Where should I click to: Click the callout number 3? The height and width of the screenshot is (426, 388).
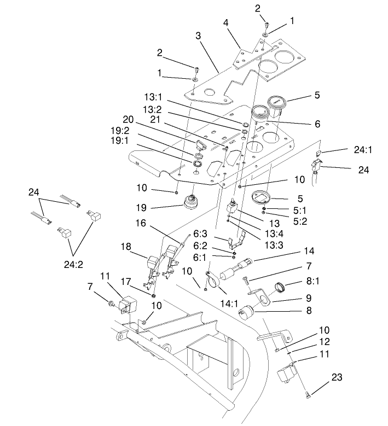pyautogui.click(x=198, y=36)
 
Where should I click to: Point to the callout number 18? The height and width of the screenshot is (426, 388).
pyautogui.click(x=127, y=247)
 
